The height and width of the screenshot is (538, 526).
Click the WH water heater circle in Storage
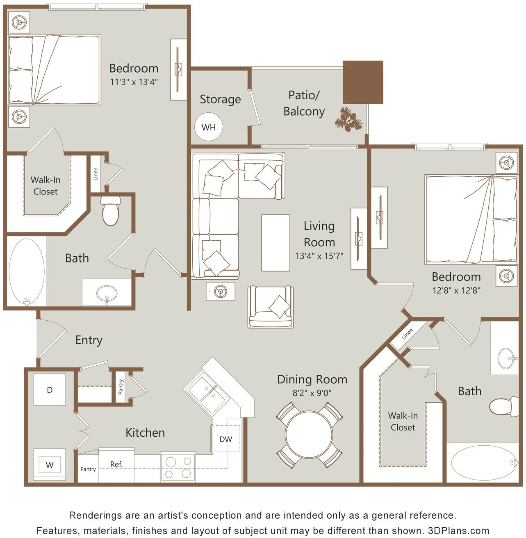pyautogui.click(x=209, y=127)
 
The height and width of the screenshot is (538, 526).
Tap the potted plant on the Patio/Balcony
pyautogui.click(x=348, y=119)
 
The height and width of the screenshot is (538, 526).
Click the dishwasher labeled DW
pyautogui.click(x=226, y=439)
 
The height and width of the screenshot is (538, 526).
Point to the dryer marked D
pyautogui.click(x=50, y=390)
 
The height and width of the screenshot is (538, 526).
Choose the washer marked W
pyautogui.click(x=50, y=465)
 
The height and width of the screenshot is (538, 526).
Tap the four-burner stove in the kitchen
pyautogui.click(x=178, y=467)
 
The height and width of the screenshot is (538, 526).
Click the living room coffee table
pyautogui.click(x=276, y=243)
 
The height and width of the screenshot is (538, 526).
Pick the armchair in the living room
pyautogui.click(x=270, y=307)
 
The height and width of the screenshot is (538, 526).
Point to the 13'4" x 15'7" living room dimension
pyautogui.click(x=319, y=256)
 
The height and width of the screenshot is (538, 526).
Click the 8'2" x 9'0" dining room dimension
pyautogui.click(x=312, y=393)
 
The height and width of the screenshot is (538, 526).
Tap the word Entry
pyautogui.click(x=89, y=340)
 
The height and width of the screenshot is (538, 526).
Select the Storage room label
pyautogui.click(x=220, y=99)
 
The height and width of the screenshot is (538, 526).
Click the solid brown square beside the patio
pyautogui.click(x=363, y=82)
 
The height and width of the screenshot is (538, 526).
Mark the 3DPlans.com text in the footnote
pyautogui.click(x=458, y=531)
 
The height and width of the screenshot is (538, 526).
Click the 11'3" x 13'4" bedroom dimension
pyautogui.click(x=134, y=82)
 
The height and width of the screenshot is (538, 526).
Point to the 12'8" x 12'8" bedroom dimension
pyautogui.click(x=456, y=290)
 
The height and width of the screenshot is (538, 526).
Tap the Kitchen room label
pyautogui.click(x=145, y=433)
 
